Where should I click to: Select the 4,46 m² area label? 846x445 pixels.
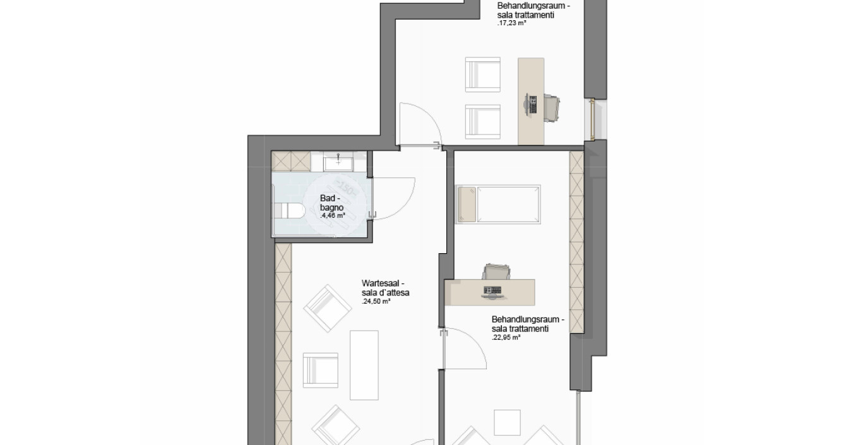pos(333,216)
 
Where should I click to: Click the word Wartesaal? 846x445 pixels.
pos(380,283)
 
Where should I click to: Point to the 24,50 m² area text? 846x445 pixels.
pos(376,301)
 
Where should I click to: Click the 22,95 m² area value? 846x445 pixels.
pos(506,338)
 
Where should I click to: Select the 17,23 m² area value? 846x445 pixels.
pos(512,23)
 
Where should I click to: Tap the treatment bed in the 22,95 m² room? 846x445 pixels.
pos(498,204)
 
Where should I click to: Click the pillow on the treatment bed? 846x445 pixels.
pos(467,204)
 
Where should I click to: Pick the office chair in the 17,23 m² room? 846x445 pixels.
pos(552,108)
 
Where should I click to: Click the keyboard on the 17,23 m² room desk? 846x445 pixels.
pos(533,104)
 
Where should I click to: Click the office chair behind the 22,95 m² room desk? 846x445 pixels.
pos(496,272)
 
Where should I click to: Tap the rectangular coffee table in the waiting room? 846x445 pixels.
pos(364,365)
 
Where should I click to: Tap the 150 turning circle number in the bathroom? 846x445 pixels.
pos(345,188)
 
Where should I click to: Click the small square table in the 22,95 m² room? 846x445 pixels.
pos(507,422)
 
